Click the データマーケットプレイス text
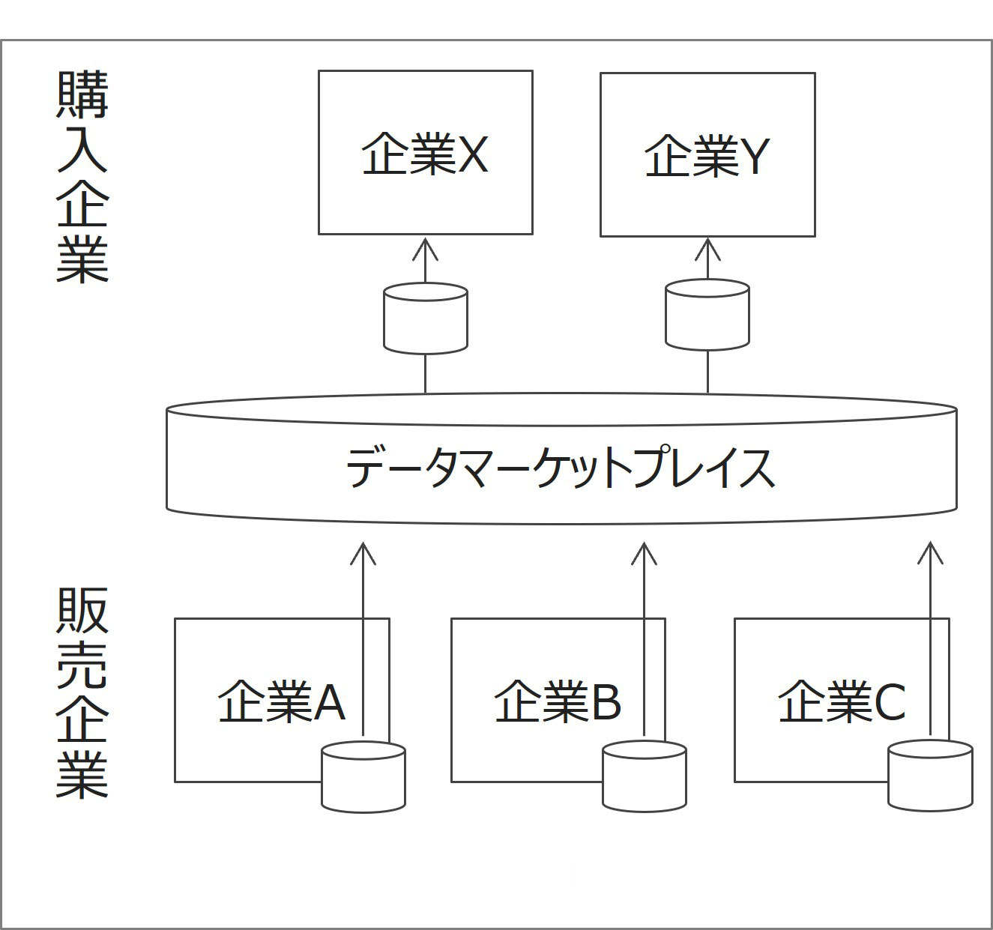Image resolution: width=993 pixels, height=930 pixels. coord(561,468)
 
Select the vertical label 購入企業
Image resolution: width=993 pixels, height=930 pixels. coord(82,177)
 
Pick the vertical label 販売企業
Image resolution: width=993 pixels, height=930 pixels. coord(82,693)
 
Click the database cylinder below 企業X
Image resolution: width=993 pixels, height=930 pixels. coord(426,318)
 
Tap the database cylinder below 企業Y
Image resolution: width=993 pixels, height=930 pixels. coord(707,315)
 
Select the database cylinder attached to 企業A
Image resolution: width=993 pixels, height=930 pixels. coord(363,776)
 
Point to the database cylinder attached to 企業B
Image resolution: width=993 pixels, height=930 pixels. coord(645,776)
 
